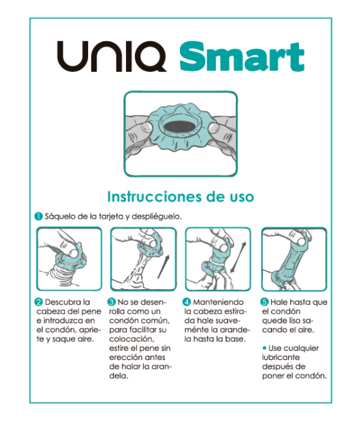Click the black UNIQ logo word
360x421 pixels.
[113, 57]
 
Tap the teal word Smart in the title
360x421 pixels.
[242, 57]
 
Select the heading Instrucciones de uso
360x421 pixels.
[180, 196]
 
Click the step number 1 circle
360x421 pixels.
[39, 217]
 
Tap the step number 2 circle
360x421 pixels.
[39, 301]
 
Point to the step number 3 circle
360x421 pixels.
[112, 301]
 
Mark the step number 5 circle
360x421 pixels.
[264, 301]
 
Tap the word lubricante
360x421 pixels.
[283, 357]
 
